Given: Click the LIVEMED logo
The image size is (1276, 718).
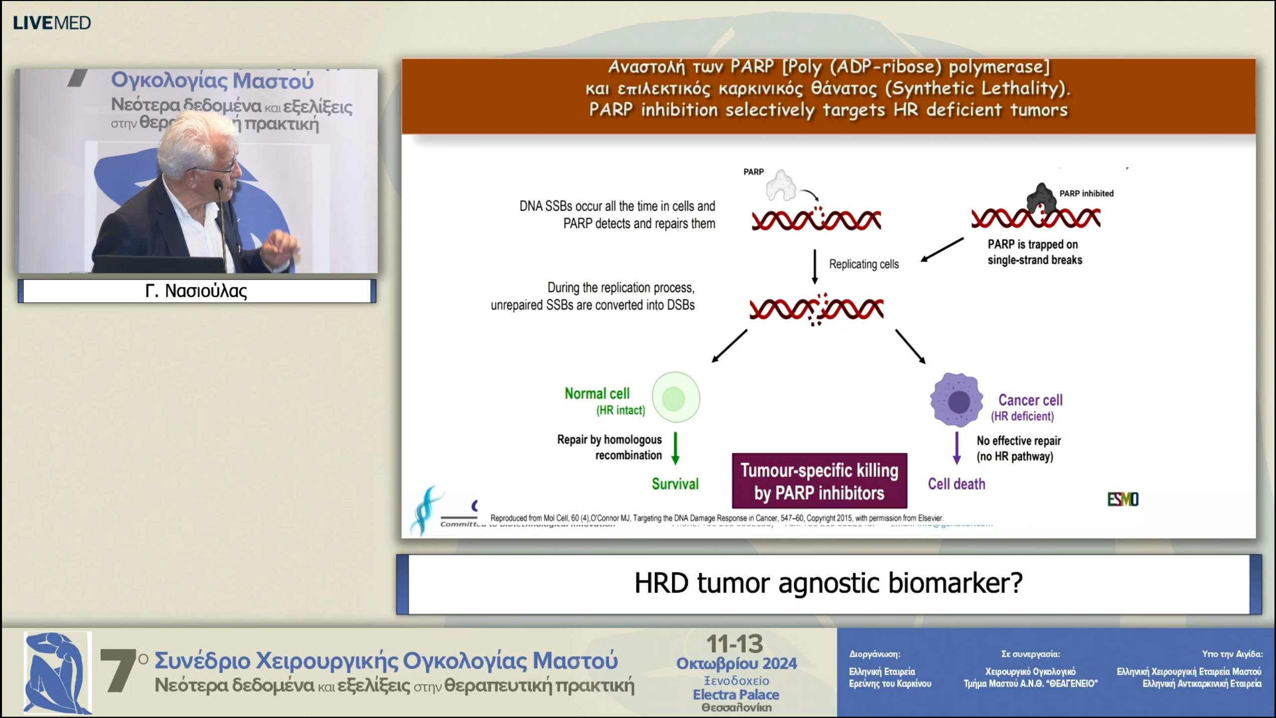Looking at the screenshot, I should coord(52,23).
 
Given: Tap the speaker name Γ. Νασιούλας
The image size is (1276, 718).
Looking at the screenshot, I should coord(196,291).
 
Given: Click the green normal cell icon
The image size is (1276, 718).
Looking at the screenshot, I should coord(675,398).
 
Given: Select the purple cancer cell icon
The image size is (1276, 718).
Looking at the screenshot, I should coord(957,400).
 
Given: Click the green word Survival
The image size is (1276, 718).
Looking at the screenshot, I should coord(675,484).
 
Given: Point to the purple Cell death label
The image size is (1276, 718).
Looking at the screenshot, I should coord(956,484).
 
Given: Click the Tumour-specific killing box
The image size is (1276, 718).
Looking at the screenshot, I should coord(819,481).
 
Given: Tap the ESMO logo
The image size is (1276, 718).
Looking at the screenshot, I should coord(1122,499).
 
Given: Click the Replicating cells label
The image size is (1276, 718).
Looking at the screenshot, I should coord(863,264).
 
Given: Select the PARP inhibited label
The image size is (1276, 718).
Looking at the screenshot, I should coord(1086,193).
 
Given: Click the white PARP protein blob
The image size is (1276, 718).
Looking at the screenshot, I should coord(781,186).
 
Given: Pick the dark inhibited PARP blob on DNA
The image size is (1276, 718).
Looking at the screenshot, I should coord(1041,198).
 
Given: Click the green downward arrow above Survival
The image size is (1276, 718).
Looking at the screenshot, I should coord(675,448).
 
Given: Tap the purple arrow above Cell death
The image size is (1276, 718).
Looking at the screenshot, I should coord(957,448).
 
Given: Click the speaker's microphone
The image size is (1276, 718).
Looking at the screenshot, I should coord(218,186).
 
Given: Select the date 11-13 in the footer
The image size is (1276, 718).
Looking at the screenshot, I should coord(735,644).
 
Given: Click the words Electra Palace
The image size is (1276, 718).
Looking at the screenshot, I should coord(736,695).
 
